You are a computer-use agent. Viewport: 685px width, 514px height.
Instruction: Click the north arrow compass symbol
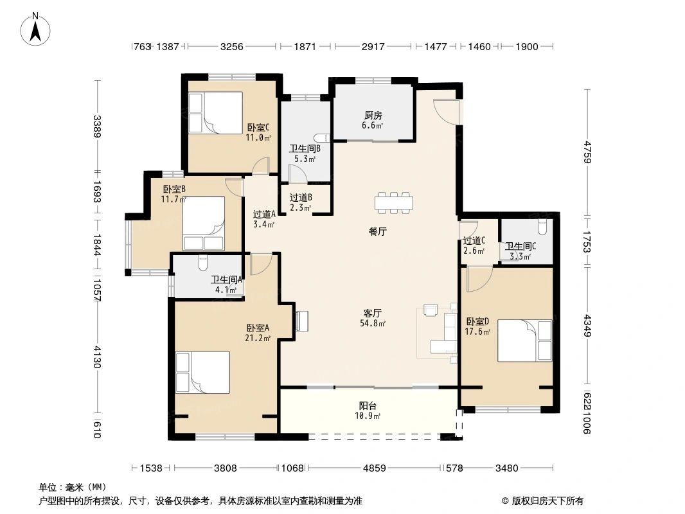pyautogui.click(x=35, y=29)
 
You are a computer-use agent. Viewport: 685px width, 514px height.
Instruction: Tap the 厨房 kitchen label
pyautogui.click(x=373, y=115)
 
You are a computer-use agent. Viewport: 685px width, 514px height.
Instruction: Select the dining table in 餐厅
pyautogui.click(x=394, y=202)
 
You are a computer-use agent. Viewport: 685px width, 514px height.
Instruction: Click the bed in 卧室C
pyautogui.click(x=215, y=112)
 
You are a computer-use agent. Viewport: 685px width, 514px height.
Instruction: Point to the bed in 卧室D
pyautogui.click(x=524, y=341)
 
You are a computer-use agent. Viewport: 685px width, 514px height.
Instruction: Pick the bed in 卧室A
pyautogui.click(x=202, y=372)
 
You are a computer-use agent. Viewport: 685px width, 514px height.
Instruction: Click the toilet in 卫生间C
pyautogui.click(x=542, y=227)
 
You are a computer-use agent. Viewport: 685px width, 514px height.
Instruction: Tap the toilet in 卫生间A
pyautogui.click(x=202, y=263)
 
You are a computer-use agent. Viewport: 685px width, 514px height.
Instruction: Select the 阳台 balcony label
pyautogui.click(x=368, y=405)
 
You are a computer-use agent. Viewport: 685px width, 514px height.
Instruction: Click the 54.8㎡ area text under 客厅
pyautogui.click(x=373, y=324)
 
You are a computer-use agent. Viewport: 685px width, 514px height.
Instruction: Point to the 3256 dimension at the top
pyautogui.click(x=231, y=46)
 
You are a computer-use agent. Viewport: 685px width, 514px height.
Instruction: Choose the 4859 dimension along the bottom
pyautogui.click(x=375, y=468)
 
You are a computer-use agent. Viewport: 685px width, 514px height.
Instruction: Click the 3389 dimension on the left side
pyautogui.click(x=97, y=126)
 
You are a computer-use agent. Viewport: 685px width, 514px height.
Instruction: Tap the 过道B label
pyautogui.click(x=301, y=198)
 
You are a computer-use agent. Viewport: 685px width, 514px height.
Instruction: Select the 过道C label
pyautogui.click(x=474, y=241)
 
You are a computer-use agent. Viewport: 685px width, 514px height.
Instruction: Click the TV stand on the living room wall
pyautogui.click(x=301, y=321)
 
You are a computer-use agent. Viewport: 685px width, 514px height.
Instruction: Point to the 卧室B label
pyautogui.click(x=174, y=189)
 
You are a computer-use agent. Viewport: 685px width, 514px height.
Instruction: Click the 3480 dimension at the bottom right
pyautogui.click(x=507, y=468)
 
